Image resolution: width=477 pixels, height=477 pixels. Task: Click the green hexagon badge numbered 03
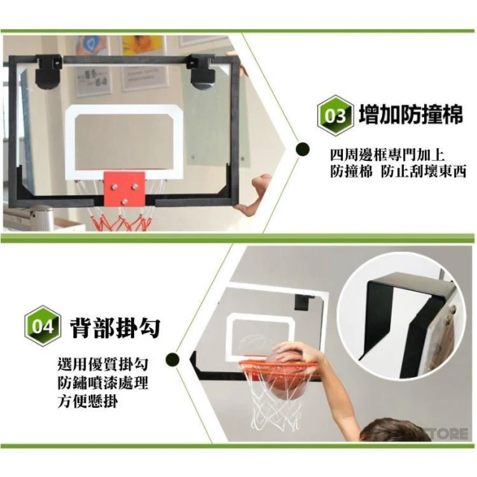(x=335, y=116)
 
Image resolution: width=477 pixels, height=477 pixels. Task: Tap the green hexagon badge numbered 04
(x=42, y=326)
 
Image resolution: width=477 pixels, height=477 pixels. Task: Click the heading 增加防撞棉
(x=411, y=114)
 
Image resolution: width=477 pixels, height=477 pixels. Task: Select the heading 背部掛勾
(x=116, y=327)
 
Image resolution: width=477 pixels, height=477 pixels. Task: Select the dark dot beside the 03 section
(x=303, y=149)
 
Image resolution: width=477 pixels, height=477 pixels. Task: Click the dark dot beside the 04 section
(x=172, y=359)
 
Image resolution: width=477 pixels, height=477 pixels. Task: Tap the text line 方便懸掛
(x=88, y=402)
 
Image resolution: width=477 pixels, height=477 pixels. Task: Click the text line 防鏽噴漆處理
(x=103, y=383)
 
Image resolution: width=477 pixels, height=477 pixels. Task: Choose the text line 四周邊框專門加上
(x=388, y=156)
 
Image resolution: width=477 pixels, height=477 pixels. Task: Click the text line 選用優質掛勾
(x=103, y=364)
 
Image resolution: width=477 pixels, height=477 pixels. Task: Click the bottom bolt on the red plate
(x=124, y=201)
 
